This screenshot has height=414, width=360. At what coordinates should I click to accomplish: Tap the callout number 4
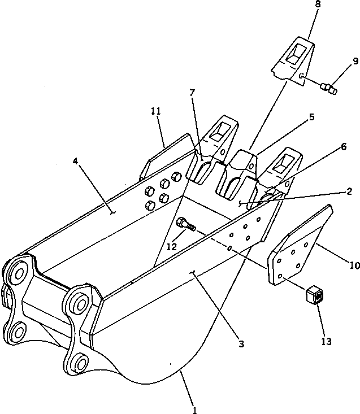(75, 161)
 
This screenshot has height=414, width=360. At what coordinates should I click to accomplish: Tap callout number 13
(326, 341)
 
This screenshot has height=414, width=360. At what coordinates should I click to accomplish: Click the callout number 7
(193, 91)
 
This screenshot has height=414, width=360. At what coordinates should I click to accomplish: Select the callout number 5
(311, 117)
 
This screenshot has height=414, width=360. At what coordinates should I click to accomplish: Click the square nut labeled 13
(314, 295)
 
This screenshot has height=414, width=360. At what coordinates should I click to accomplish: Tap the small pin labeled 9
(328, 88)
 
